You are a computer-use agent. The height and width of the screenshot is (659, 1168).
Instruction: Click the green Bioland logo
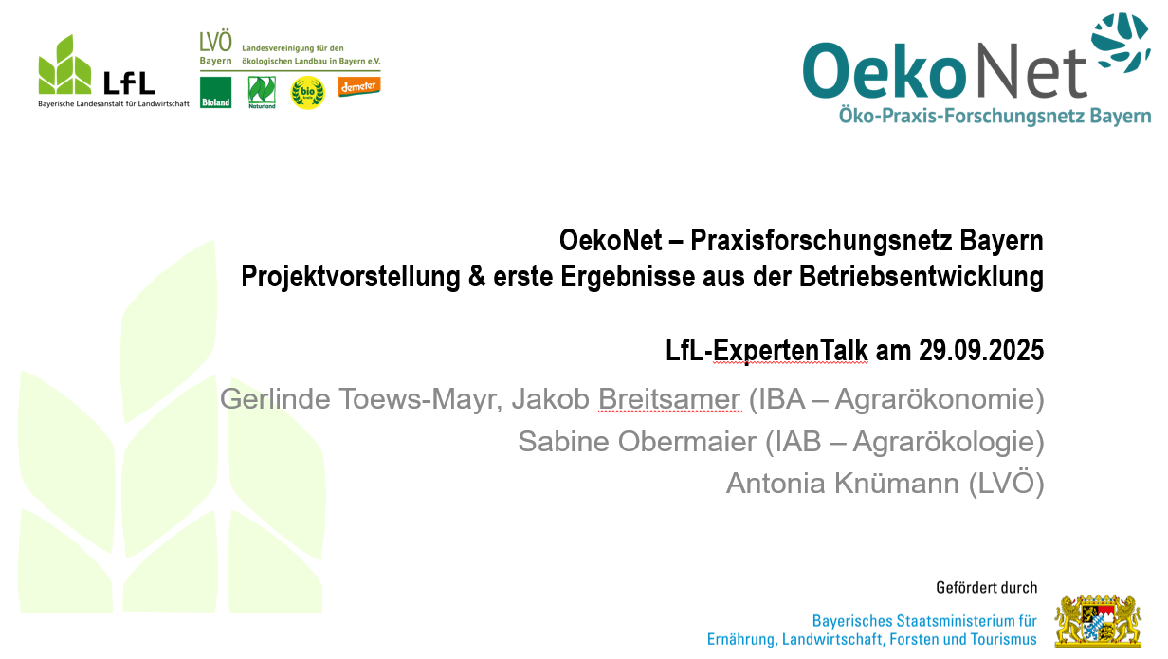(215, 92)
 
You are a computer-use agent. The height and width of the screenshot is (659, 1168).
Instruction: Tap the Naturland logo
(262, 92)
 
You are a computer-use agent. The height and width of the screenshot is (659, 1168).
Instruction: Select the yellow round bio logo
(307, 93)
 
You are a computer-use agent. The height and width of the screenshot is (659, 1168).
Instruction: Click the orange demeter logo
(358, 85)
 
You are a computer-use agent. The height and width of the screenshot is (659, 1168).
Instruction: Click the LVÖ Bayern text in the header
(216, 47)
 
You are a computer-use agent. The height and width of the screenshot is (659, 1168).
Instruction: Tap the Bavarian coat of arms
(1103, 621)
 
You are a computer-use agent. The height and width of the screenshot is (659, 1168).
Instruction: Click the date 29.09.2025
(981, 352)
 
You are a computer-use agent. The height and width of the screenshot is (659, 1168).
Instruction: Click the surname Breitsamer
(668, 399)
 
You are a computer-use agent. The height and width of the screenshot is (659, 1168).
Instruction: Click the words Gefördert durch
(986, 588)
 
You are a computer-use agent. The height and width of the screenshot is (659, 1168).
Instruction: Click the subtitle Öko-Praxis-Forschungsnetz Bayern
(994, 116)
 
